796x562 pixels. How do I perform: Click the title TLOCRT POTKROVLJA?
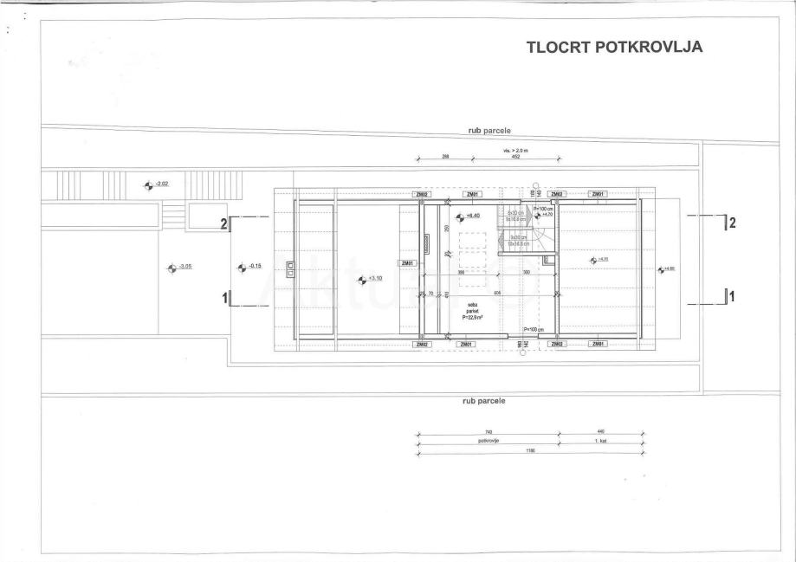click(613, 48)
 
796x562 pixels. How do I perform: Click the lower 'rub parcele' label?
click(484, 401)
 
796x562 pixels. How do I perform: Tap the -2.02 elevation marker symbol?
click(148, 184)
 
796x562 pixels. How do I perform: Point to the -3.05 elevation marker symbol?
click(171, 268)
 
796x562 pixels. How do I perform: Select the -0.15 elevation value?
click(255, 266)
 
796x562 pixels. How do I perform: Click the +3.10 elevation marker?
click(362, 279)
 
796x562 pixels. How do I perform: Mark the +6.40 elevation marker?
click(460, 216)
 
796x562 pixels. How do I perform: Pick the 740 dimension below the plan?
click(489, 431)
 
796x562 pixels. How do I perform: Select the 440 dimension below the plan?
click(600, 431)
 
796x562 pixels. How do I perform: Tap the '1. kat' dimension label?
click(601, 441)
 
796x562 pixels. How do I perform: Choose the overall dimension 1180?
click(529, 450)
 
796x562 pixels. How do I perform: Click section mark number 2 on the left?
click(223, 223)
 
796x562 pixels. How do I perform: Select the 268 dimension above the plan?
click(445, 157)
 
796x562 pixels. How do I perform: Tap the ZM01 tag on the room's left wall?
click(408, 263)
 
